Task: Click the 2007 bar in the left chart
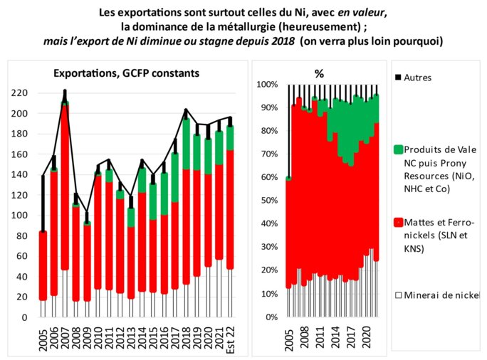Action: (65, 206)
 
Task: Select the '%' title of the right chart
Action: (319, 73)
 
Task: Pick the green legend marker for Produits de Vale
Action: (398, 150)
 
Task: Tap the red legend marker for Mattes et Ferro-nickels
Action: (398, 224)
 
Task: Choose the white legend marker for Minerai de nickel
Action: (398, 295)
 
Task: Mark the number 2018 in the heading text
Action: (278, 41)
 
